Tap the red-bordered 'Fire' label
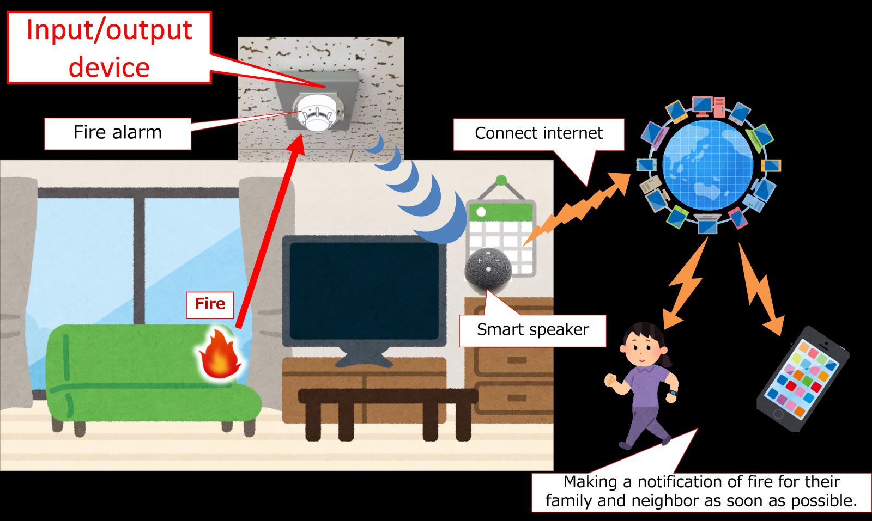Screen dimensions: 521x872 point(210,304)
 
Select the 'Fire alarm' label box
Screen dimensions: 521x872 point(117,133)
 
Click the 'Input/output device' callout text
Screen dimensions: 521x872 point(109,48)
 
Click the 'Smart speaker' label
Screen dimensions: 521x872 point(532,330)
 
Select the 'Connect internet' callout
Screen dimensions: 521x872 point(538,133)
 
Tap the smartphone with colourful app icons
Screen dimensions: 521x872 point(802,380)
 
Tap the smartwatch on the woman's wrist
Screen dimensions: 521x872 point(674,393)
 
